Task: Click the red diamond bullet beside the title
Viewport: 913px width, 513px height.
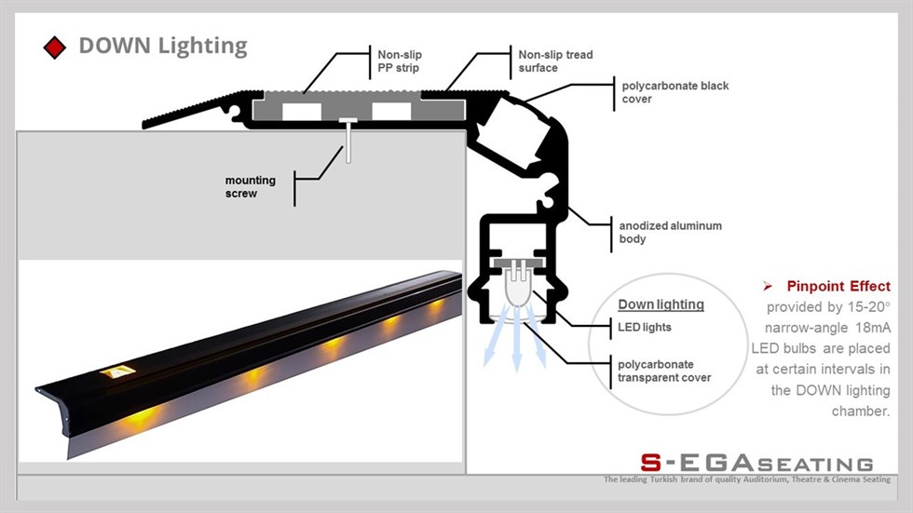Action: pos(55,47)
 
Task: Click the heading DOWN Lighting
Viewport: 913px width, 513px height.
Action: pos(163,46)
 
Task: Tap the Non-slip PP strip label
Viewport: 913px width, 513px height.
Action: pos(400,61)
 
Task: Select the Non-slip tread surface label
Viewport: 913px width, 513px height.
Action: pos(555,61)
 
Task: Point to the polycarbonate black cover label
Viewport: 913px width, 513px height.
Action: pos(675,92)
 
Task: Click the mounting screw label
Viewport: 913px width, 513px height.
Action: pos(251,187)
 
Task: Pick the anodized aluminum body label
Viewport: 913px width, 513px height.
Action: pos(670,232)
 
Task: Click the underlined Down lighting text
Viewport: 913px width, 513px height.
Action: pos(661,304)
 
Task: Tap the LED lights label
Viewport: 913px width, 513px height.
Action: pos(644,327)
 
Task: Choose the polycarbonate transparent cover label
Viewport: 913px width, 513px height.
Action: pos(664,371)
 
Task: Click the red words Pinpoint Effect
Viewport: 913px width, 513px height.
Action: pos(838,286)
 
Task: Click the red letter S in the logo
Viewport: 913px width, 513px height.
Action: pos(651,463)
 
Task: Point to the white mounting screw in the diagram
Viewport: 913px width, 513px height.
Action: pos(348,141)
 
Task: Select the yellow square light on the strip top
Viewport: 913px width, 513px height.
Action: pos(118,371)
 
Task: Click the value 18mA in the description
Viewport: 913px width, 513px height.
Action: pos(873,328)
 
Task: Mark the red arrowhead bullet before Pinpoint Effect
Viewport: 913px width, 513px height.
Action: pos(768,286)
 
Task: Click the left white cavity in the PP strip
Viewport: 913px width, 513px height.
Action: pos(302,111)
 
